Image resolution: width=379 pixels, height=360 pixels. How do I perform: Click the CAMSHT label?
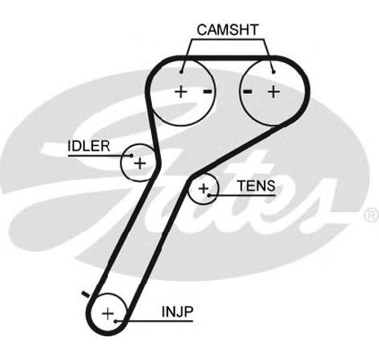point(227,30)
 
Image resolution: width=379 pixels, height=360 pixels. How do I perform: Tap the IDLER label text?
point(88,146)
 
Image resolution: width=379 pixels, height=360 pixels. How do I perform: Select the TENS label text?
point(256,186)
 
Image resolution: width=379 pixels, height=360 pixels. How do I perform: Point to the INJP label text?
point(177,312)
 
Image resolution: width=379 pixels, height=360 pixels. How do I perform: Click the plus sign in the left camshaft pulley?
point(181,91)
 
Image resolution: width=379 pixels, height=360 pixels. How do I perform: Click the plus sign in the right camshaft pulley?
point(274,91)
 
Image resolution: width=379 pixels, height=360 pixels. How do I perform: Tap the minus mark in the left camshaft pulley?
point(207,91)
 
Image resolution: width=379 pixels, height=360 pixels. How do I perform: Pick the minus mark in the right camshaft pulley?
point(247,91)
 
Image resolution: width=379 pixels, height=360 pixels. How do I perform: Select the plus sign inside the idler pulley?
point(140,163)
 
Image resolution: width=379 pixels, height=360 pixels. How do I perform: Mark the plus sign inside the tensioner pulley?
point(203,189)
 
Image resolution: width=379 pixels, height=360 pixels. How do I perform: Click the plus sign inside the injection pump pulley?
point(108,313)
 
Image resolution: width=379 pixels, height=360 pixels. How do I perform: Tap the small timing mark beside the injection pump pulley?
point(86,294)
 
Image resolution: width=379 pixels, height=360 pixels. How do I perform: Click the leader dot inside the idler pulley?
point(132,156)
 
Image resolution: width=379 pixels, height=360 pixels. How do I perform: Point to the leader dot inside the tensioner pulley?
point(209,195)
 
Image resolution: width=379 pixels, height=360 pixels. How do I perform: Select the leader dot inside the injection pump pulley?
point(116,322)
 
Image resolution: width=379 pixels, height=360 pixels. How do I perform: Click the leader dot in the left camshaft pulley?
point(181,72)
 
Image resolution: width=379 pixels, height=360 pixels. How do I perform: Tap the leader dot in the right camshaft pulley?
point(274,72)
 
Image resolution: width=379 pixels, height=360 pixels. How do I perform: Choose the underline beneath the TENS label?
point(242,195)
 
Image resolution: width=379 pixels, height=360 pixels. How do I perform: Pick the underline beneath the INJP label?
point(154,322)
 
